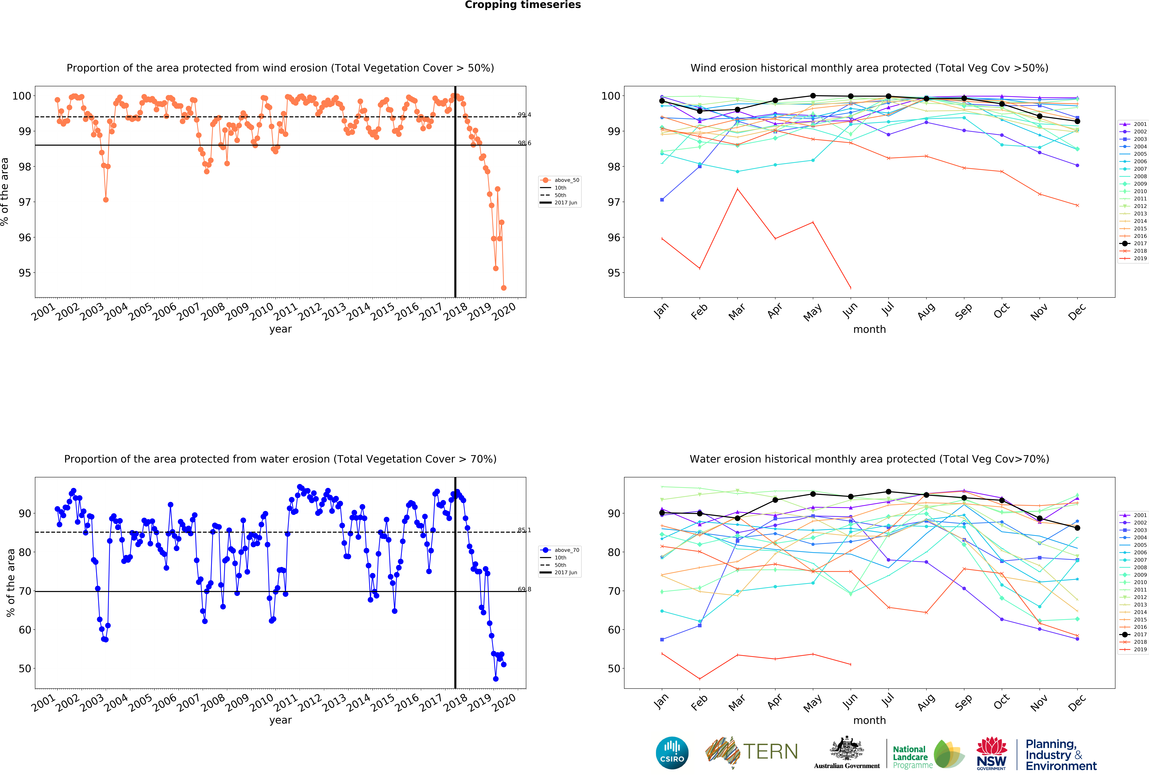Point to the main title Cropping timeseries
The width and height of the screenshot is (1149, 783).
coord(523,5)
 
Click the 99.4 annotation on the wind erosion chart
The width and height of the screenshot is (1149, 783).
coord(524,115)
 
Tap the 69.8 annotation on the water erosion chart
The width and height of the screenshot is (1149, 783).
coord(524,589)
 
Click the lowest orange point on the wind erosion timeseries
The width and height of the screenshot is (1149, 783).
coord(503,288)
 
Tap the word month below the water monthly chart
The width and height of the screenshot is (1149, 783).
coord(869,720)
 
